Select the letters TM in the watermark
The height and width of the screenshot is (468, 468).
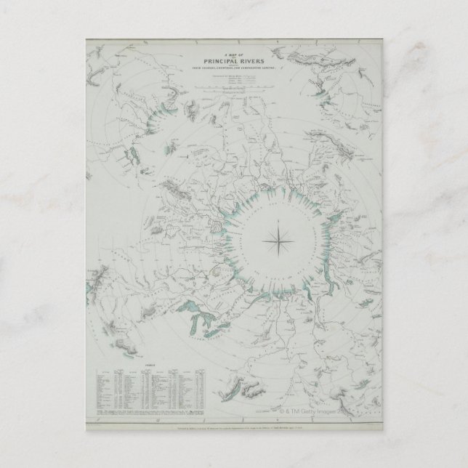[x=301, y=408]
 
